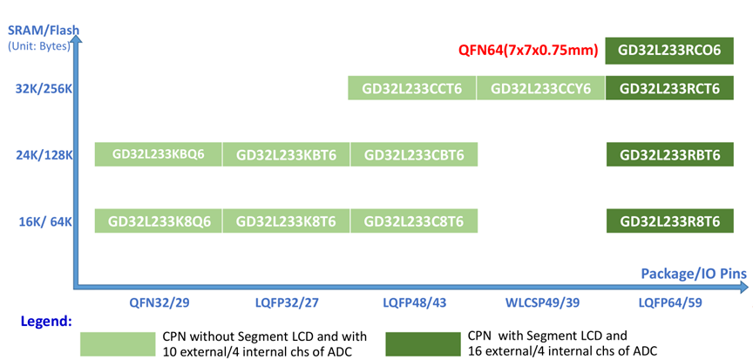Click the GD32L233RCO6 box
(x=669, y=51)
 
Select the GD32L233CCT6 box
(x=412, y=88)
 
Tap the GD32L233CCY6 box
(x=540, y=88)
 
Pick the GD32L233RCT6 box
(x=669, y=88)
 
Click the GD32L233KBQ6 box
(x=159, y=154)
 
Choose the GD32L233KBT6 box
(x=287, y=155)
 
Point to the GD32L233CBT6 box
(x=414, y=155)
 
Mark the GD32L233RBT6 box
(x=669, y=155)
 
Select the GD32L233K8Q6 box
(x=159, y=221)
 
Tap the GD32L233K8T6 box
(x=287, y=221)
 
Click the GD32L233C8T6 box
(x=414, y=221)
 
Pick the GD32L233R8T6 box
(x=669, y=221)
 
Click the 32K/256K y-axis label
(x=43, y=89)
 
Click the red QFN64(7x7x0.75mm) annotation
(x=529, y=51)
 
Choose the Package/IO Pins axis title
(x=694, y=272)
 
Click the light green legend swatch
(x=117, y=343)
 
